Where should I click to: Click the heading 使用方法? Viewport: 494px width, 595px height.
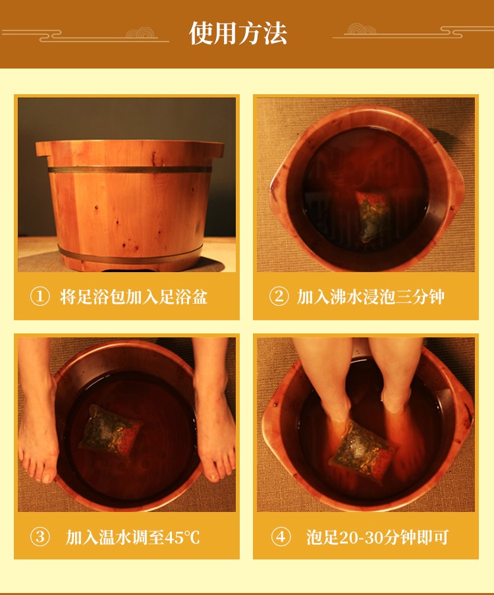(238, 33)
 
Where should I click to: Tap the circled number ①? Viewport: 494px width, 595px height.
(40, 297)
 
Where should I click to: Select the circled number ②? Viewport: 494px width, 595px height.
(279, 297)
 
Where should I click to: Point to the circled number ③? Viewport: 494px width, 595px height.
(40, 537)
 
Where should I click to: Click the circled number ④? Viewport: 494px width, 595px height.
(281, 537)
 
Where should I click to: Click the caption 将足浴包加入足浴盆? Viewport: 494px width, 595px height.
(134, 297)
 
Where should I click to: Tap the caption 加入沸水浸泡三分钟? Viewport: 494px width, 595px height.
(371, 297)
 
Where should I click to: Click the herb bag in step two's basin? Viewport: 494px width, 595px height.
(373, 215)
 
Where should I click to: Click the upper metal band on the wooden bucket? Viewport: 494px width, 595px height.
(130, 169)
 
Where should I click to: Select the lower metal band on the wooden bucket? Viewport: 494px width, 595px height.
(130, 254)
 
